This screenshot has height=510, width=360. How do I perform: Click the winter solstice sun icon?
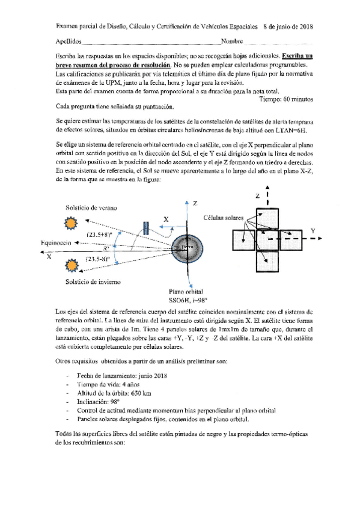coord(72,265)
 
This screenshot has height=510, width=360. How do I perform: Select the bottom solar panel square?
coord(268,260)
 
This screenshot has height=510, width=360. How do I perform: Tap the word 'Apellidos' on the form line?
coord(67,43)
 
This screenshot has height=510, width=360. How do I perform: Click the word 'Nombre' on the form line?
coord(231,43)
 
